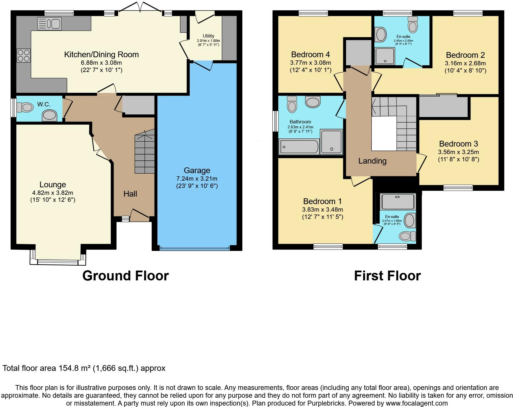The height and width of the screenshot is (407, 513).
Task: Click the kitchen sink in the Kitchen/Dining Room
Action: pos(49,24)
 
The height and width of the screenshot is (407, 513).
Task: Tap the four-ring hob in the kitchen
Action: pos(23,55)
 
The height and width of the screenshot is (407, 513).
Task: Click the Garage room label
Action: pos(197,171)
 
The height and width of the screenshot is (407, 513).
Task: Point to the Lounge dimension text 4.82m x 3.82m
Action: pos(53,193)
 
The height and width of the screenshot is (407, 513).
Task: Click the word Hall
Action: pos(130,194)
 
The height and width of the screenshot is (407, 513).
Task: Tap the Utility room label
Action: pos(209,36)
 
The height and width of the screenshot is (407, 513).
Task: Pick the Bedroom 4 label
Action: pos(311,55)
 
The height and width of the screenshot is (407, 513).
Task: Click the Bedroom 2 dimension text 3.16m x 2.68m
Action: pos(465,63)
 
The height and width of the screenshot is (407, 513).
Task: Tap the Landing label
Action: pos(372,161)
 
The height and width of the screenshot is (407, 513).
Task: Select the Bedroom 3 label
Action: pos(459,144)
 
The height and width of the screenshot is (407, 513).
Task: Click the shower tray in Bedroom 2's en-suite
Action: pos(384,56)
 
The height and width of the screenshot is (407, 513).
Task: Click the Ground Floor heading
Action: pos(126,276)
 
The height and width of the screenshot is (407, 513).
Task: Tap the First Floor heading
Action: pos(387,276)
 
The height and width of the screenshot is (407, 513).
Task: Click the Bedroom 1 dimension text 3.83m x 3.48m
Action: pos(323,210)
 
